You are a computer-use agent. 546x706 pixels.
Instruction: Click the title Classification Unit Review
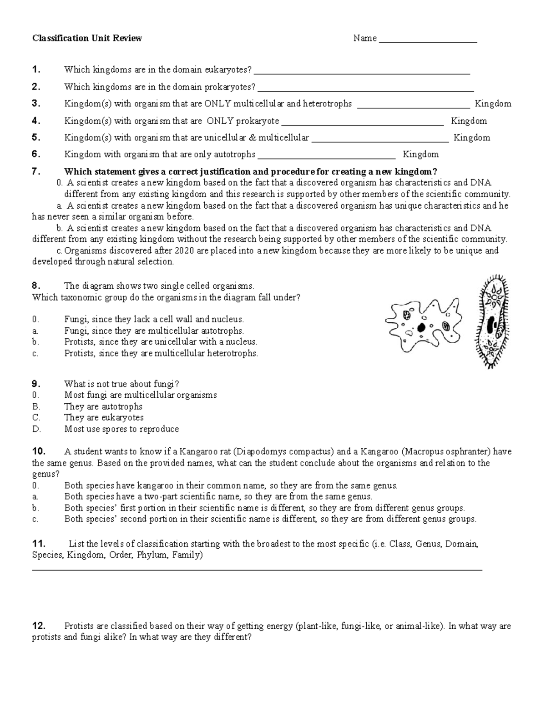tap(87, 38)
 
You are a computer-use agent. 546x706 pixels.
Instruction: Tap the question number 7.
tap(36, 171)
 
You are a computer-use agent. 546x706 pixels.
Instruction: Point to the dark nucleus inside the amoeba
tap(422, 327)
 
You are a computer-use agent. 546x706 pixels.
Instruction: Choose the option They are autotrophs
tap(103, 406)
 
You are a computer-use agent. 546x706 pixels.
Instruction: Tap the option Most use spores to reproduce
tap(121, 429)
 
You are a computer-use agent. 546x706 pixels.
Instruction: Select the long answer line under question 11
tap(257, 569)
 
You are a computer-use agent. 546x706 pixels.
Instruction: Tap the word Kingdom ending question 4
tap(469, 121)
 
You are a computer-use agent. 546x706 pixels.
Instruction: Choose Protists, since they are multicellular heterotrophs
tap(161, 353)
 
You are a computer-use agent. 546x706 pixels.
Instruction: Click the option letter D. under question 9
tap(37, 429)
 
